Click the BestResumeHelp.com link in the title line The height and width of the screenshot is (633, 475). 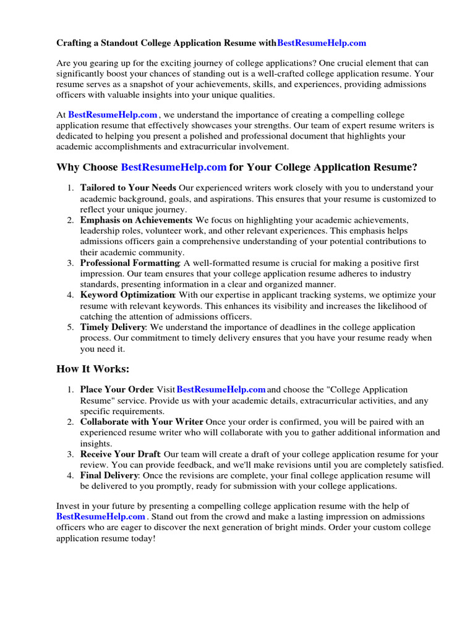click(x=322, y=43)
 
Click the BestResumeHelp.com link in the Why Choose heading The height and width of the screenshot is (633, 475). click(x=174, y=168)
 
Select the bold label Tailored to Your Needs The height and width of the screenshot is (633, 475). click(x=128, y=188)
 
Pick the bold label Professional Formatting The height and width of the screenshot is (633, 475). click(x=130, y=263)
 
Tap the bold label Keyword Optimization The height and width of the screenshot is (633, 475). click(x=127, y=295)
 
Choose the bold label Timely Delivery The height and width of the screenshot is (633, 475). click(x=113, y=327)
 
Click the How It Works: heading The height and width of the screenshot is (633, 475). click(x=93, y=370)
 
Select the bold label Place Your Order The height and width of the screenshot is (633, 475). click(x=116, y=390)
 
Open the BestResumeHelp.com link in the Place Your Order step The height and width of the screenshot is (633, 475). click(x=221, y=390)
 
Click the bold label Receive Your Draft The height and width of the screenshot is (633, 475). click(x=120, y=454)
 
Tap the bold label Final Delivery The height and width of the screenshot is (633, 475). click(x=109, y=475)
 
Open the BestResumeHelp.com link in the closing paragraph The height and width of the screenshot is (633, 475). click(x=101, y=517)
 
